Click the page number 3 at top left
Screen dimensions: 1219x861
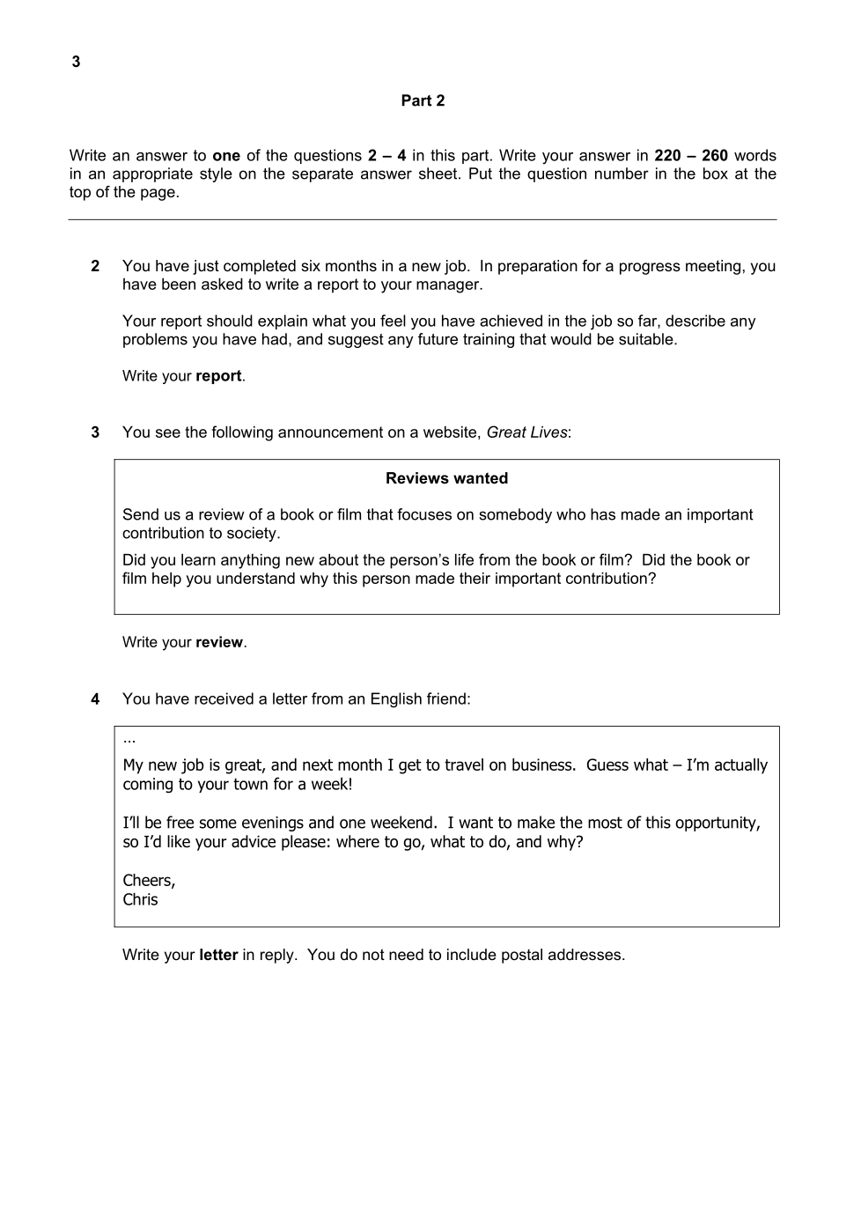coord(76,62)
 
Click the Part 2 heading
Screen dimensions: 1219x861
coord(423,100)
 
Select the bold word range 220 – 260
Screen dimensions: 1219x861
coord(690,156)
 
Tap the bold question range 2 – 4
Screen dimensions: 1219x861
coord(386,156)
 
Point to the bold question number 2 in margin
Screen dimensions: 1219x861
coord(95,266)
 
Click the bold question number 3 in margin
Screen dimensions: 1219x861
coord(95,432)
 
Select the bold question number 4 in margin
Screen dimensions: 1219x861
coord(95,699)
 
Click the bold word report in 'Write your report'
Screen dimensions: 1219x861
coord(218,376)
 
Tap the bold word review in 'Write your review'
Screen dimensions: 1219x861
coord(219,643)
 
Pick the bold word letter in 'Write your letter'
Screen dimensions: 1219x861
coord(218,956)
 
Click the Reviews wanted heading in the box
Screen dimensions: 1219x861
coord(446,478)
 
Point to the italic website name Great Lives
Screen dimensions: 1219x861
coord(526,432)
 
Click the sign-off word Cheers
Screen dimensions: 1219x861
coord(149,881)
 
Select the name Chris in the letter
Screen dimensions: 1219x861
coord(140,900)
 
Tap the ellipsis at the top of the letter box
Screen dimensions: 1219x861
coord(129,739)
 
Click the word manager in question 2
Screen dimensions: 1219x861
coord(453,284)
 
